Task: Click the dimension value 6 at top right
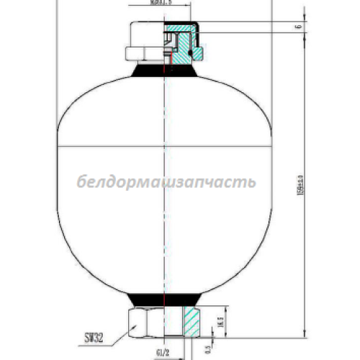pyautogui.click(x=297, y=27)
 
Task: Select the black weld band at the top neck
pyautogui.click(x=166, y=71)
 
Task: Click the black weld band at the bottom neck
pyautogui.click(x=166, y=298)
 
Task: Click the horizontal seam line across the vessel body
pyautogui.click(x=166, y=147)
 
